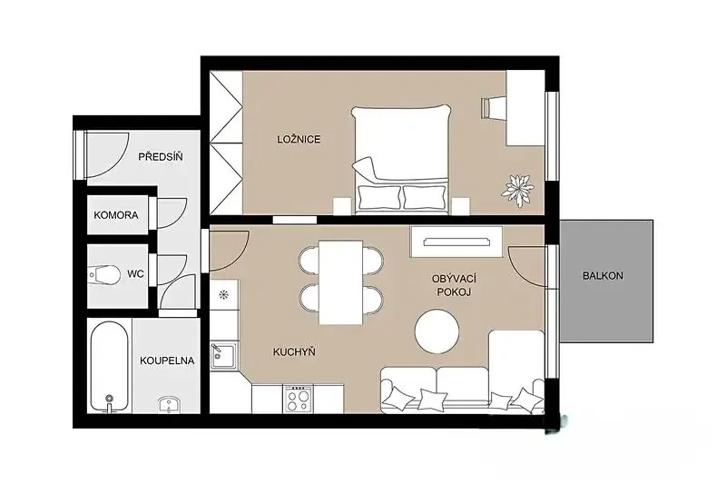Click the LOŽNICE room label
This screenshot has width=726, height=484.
click(x=299, y=139)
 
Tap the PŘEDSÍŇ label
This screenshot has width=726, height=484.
click(x=161, y=156)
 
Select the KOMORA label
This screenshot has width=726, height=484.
click(x=116, y=215)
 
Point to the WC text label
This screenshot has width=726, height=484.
click(x=135, y=274)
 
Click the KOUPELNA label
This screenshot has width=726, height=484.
click(x=167, y=361)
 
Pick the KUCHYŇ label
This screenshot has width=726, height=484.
click(x=294, y=352)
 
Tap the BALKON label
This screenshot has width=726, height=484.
click(x=603, y=275)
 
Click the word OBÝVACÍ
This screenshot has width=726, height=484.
click(x=454, y=279)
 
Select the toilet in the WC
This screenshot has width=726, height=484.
click(x=103, y=274)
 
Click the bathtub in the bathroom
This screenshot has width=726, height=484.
click(x=109, y=366)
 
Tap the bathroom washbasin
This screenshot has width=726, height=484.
click(x=170, y=404)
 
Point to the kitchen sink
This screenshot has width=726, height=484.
click(x=223, y=356)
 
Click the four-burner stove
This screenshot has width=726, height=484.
click(x=299, y=399)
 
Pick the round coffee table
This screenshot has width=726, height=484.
click(x=437, y=331)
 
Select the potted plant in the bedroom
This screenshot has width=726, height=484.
click(x=518, y=190)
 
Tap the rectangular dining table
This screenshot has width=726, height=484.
click(x=340, y=282)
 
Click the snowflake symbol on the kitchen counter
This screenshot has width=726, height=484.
click(x=223, y=294)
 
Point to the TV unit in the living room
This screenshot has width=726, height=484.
click(x=456, y=242)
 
